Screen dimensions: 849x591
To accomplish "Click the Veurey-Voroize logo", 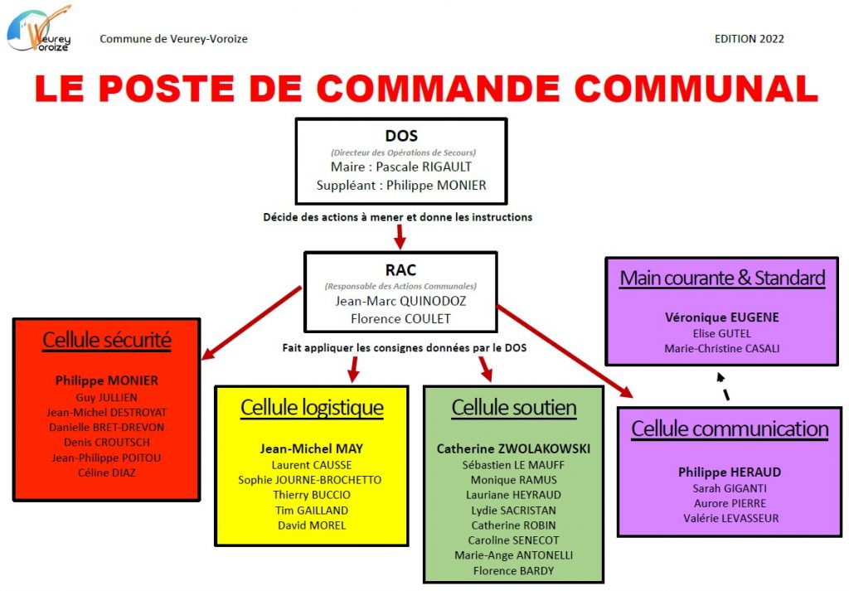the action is [x=39, y=28].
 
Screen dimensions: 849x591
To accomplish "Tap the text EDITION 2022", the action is [x=749, y=39].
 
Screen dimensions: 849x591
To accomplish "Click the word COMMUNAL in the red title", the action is [x=696, y=88].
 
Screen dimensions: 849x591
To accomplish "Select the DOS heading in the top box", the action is [x=401, y=135].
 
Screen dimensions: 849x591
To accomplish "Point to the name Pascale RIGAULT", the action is [x=424, y=167].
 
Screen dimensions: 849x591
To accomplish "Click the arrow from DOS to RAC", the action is [x=400, y=236].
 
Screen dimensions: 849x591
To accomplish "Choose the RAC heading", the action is [x=400, y=269].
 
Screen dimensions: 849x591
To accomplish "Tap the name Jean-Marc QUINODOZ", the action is [x=400, y=301].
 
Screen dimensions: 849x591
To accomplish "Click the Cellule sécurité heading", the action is [x=107, y=341].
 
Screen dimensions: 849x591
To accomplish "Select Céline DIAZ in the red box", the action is [x=107, y=472].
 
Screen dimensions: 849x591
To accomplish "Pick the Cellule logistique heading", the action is [x=312, y=408].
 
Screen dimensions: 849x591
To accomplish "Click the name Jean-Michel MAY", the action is [x=312, y=448].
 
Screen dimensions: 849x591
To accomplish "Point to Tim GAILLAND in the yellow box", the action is [x=312, y=511].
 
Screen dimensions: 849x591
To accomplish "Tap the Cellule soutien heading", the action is [x=514, y=408].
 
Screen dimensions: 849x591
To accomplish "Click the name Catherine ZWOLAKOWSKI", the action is [x=513, y=448].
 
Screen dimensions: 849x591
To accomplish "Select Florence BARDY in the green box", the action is [x=513, y=570].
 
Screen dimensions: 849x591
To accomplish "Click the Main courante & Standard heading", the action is [x=722, y=279].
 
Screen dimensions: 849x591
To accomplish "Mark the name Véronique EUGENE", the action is [x=722, y=317].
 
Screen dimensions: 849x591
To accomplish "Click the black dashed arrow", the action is [x=723, y=386].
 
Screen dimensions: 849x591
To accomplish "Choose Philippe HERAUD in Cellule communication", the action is [x=730, y=472].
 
